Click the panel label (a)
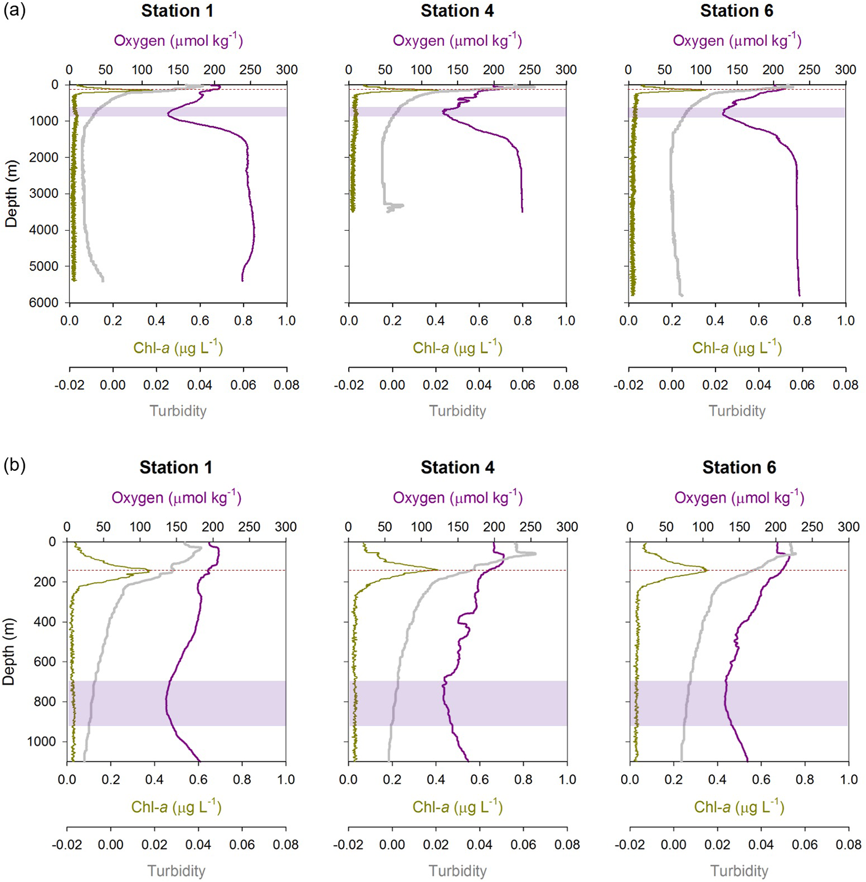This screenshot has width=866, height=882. point(15,11)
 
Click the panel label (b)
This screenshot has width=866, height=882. point(15,466)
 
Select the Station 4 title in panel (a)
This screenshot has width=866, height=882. point(457,11)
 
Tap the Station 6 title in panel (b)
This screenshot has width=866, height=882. point(739,468)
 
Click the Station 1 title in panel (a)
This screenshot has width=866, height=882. point(177,11)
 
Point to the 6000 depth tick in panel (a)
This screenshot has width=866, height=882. point(43,303)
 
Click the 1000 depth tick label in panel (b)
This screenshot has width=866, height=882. point(44,742)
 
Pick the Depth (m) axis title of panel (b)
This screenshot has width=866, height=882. point(9,651)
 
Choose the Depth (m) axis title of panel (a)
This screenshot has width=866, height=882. point(11,193)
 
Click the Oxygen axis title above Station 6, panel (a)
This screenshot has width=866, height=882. point(737,41)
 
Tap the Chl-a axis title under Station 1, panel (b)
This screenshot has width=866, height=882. point(177,807)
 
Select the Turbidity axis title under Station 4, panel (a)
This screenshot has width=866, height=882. point(458,411)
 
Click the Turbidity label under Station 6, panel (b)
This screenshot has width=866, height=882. point(739,871)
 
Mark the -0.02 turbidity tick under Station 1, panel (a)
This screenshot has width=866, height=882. point(69,385)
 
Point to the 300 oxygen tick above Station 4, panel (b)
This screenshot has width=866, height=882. point(567,527)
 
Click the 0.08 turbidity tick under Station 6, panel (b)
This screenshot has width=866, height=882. point(849,844)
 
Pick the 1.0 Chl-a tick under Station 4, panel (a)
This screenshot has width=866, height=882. point(566,320)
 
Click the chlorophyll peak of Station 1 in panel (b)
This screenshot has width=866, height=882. point(149,571)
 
